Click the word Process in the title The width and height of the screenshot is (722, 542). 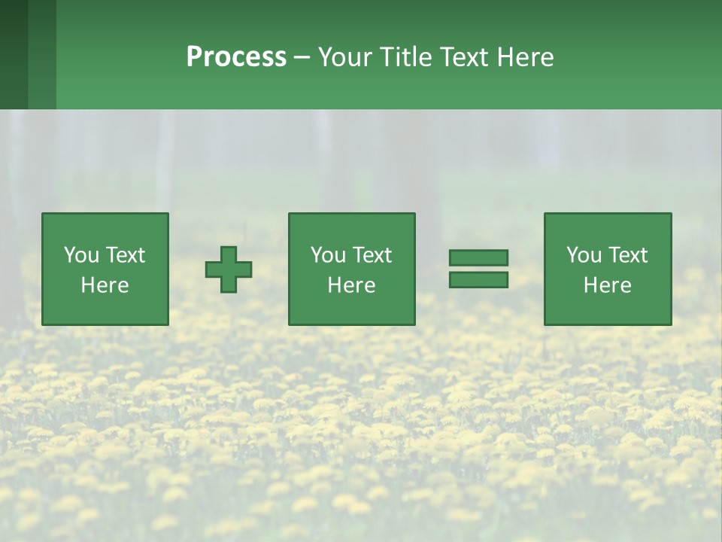click(x=236, y=57)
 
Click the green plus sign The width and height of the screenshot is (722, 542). click(x=229, y=269)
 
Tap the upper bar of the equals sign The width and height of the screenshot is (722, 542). click(x=478, y=257)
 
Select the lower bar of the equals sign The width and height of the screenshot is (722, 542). click(x=478, y=279)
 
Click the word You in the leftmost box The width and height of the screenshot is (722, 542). click(x=80, y=255)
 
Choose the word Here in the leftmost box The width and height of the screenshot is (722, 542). click(x=105, y=285)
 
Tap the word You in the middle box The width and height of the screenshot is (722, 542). click(x=328, y=255)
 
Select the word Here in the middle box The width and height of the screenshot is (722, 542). click(x=351, y=285)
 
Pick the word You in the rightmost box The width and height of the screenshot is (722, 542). click(x=584, y=255)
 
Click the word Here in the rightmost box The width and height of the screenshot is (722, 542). click(x=607, y=285)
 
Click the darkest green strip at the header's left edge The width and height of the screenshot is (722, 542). click(x=14, y=54)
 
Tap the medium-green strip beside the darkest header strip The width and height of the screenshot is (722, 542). click(x=42, y=54)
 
